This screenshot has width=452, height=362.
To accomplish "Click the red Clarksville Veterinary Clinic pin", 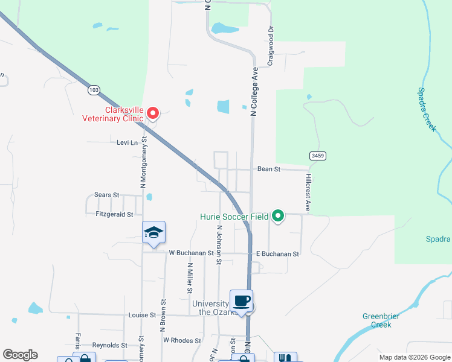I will tap(153, 113).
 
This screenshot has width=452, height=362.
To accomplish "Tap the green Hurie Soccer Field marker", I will tap(278, 215).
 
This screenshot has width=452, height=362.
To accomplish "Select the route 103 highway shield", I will tap(93, 90).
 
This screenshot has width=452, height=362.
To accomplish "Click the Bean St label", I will tap(269, 170).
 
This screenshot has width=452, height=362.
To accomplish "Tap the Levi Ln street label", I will tap(124, 143).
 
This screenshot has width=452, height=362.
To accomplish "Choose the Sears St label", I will tap(107, 195).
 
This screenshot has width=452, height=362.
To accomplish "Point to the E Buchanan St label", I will tap(277, 254).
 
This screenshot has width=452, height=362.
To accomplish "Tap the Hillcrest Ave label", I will tap(308, 193).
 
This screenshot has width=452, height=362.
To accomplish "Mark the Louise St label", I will tap(143, 315).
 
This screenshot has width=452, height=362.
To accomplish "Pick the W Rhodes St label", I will tap(182, 341).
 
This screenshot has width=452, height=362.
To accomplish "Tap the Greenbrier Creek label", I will tap(377, 320).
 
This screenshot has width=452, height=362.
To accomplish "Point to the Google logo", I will tap(20, 355).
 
